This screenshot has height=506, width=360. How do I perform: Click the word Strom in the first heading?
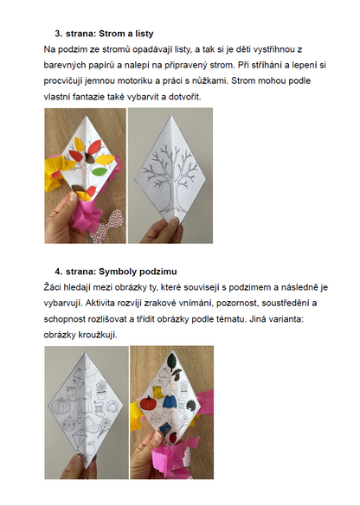pos(110,34)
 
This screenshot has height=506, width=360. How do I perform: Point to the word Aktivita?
pos(103,303)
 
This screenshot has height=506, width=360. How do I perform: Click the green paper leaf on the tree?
pos(100,171)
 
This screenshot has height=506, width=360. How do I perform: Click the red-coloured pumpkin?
pos(148,403)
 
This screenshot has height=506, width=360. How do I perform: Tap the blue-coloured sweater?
pos(170,402)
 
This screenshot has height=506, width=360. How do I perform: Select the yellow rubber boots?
pos(157,392)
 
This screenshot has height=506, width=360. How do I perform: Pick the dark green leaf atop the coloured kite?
pos(172,360)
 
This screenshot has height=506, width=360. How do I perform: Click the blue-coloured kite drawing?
pos(165,427)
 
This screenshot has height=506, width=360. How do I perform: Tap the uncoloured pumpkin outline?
pos(61,406)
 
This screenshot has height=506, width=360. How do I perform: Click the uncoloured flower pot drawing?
pos(101,390)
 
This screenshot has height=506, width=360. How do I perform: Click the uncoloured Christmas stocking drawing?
pos(100,408)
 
